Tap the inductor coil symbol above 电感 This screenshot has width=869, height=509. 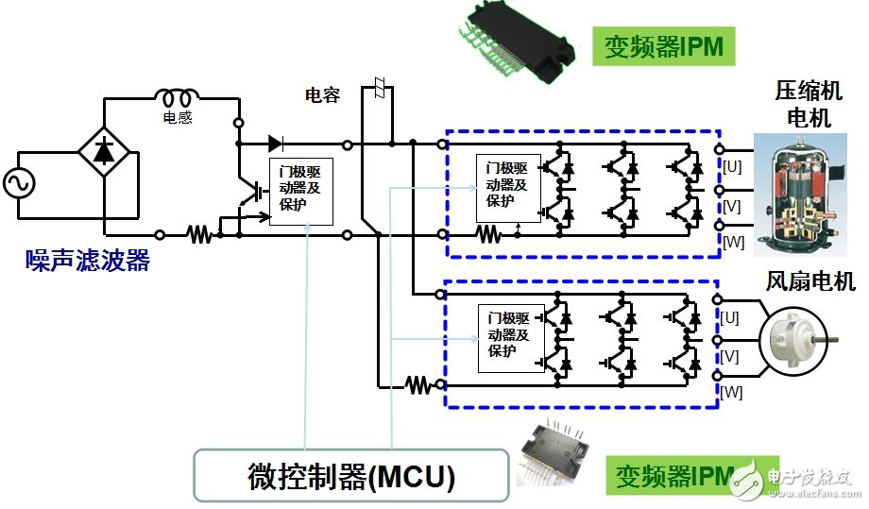click(x=177, y=97)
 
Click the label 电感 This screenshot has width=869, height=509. click(x=177, y=119)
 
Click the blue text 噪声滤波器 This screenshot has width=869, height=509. click(x=88, y=262)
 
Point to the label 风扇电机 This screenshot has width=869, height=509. click(x=811, y=280)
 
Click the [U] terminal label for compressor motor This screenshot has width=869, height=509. click(x=733, y=166)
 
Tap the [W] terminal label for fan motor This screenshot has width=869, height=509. click(x=732, y=391)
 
